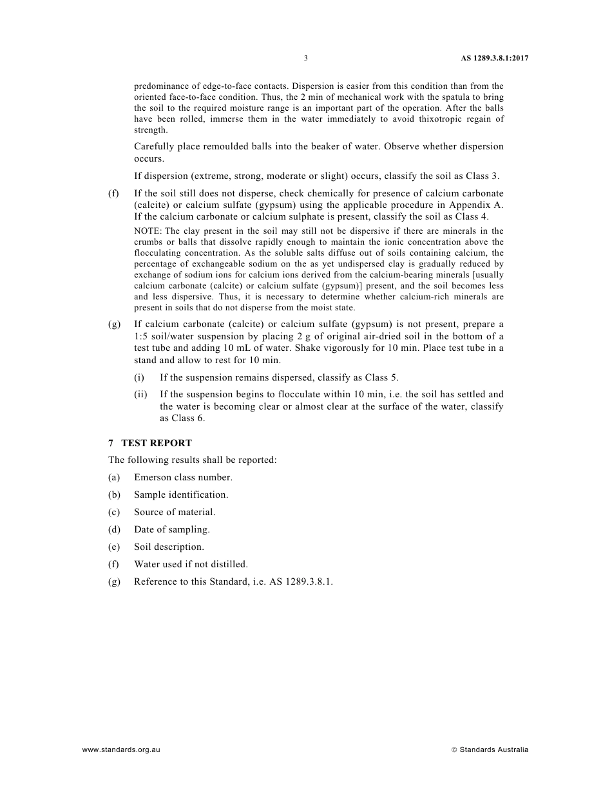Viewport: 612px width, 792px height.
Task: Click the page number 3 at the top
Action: click(x=306, y=58)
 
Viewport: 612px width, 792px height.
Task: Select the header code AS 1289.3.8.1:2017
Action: click(x=494, y=58)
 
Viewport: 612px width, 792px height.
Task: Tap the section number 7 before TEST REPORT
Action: click(x=111, y=443)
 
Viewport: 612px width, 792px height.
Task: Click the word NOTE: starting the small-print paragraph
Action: click(x=148, y=231)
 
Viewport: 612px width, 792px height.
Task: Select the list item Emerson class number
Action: click(x=183, y=478)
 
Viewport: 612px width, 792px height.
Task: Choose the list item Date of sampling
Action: click(x=172, y=530)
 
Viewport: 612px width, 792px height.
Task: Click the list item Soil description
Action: click(x=169, y=547)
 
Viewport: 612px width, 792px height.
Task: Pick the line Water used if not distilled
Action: click(x=191, y=565)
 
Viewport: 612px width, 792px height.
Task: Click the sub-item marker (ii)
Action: click(x=140, y=395)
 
